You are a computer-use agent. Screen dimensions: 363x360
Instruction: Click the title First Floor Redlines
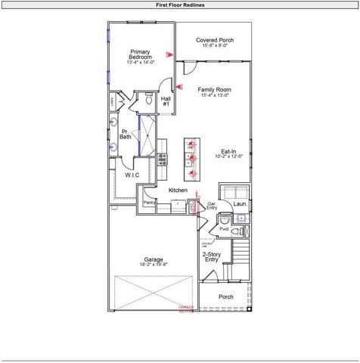point(179,5)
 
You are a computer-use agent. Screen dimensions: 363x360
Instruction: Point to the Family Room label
point(216,92)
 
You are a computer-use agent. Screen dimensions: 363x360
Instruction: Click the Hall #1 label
point(166,101)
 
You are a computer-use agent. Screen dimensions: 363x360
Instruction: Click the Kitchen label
point(178,190)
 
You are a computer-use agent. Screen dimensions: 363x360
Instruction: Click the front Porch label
point(225,296)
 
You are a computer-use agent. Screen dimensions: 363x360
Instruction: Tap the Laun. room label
point(241,203)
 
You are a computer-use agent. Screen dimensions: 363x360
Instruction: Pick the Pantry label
point(149,203)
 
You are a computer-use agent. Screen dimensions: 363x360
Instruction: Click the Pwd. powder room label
point(224,228)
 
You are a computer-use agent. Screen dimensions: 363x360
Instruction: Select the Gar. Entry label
point(213,206)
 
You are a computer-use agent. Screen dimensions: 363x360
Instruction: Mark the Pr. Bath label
point(126,134)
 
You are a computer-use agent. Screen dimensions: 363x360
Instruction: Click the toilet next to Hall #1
point(149,99)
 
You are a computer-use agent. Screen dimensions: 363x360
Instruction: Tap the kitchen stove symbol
point(162,158)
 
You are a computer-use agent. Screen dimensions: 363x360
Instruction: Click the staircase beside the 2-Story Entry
point(240,261)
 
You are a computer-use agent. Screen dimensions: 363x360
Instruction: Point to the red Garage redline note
point(186,308)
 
